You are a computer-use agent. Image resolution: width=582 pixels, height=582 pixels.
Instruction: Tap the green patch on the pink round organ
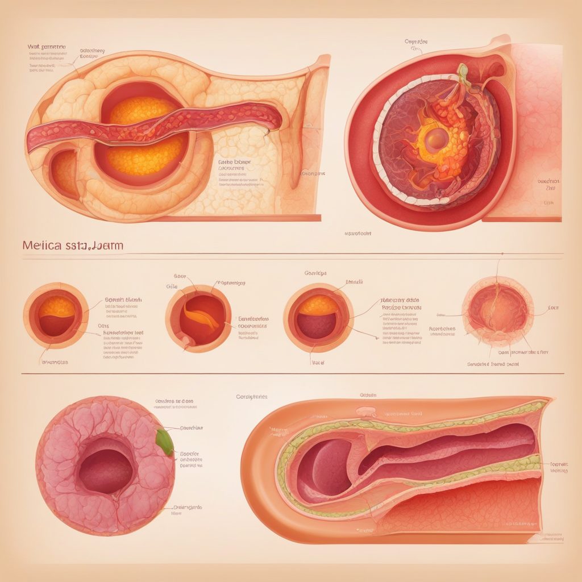[165, 442]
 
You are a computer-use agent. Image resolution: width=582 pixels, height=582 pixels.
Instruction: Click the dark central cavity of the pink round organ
[106, 471]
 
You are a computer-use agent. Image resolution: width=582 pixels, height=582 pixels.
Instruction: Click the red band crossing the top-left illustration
[153, 127]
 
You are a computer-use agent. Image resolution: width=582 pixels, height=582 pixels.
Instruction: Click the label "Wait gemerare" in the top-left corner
[47, 47]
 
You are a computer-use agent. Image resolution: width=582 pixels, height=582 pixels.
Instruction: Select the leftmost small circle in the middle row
[56, 316]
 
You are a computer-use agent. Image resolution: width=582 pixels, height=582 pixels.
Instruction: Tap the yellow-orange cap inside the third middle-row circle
[318, 306]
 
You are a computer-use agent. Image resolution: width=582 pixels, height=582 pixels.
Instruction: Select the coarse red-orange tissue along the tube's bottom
[455, 506]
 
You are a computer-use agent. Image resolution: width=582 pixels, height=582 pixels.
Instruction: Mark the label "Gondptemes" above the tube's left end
[251, 397]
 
